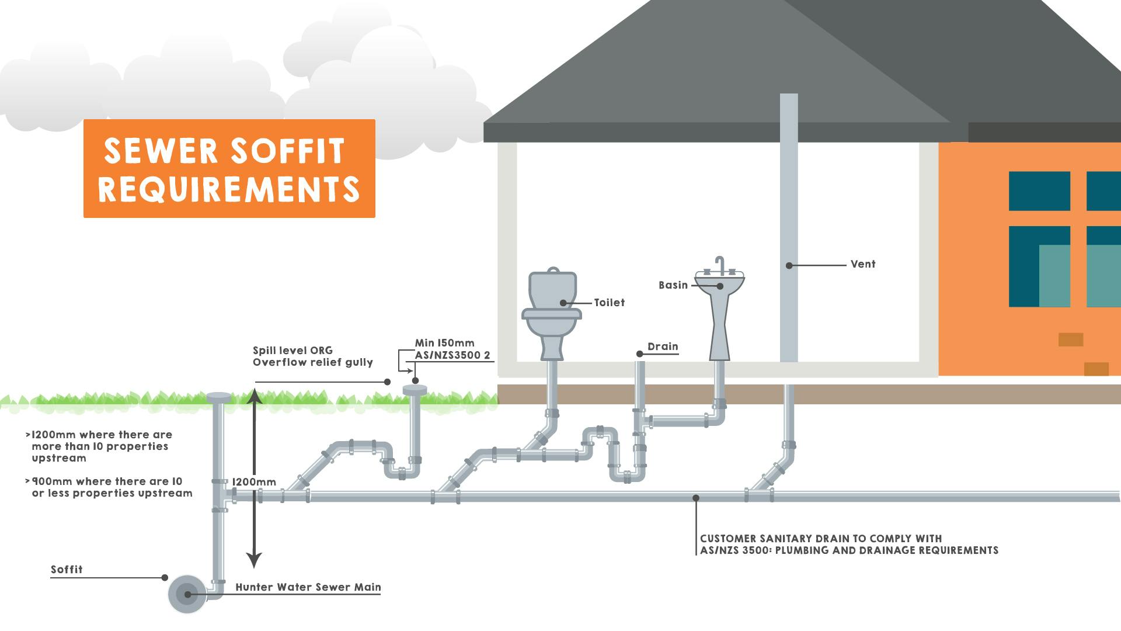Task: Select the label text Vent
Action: (862, 264)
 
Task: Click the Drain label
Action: (663, 346)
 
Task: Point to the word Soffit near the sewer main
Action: (67, 570)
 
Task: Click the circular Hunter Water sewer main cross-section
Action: (187, 594)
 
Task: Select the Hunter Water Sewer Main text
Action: (308, 587)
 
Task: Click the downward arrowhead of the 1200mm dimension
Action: (254, 561)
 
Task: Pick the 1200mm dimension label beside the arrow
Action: (254, 482)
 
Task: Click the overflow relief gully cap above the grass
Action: (415, 390)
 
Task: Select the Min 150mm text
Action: (444, 343)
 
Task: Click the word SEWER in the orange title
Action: (161, 151)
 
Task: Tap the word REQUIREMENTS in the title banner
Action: (229, 189)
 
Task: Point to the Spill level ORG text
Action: (293, 351)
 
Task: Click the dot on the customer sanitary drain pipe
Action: (696, 498)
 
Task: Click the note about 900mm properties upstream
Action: (111, 487)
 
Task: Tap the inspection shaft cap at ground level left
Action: (218, 398)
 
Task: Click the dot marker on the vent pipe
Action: (789, 265)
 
